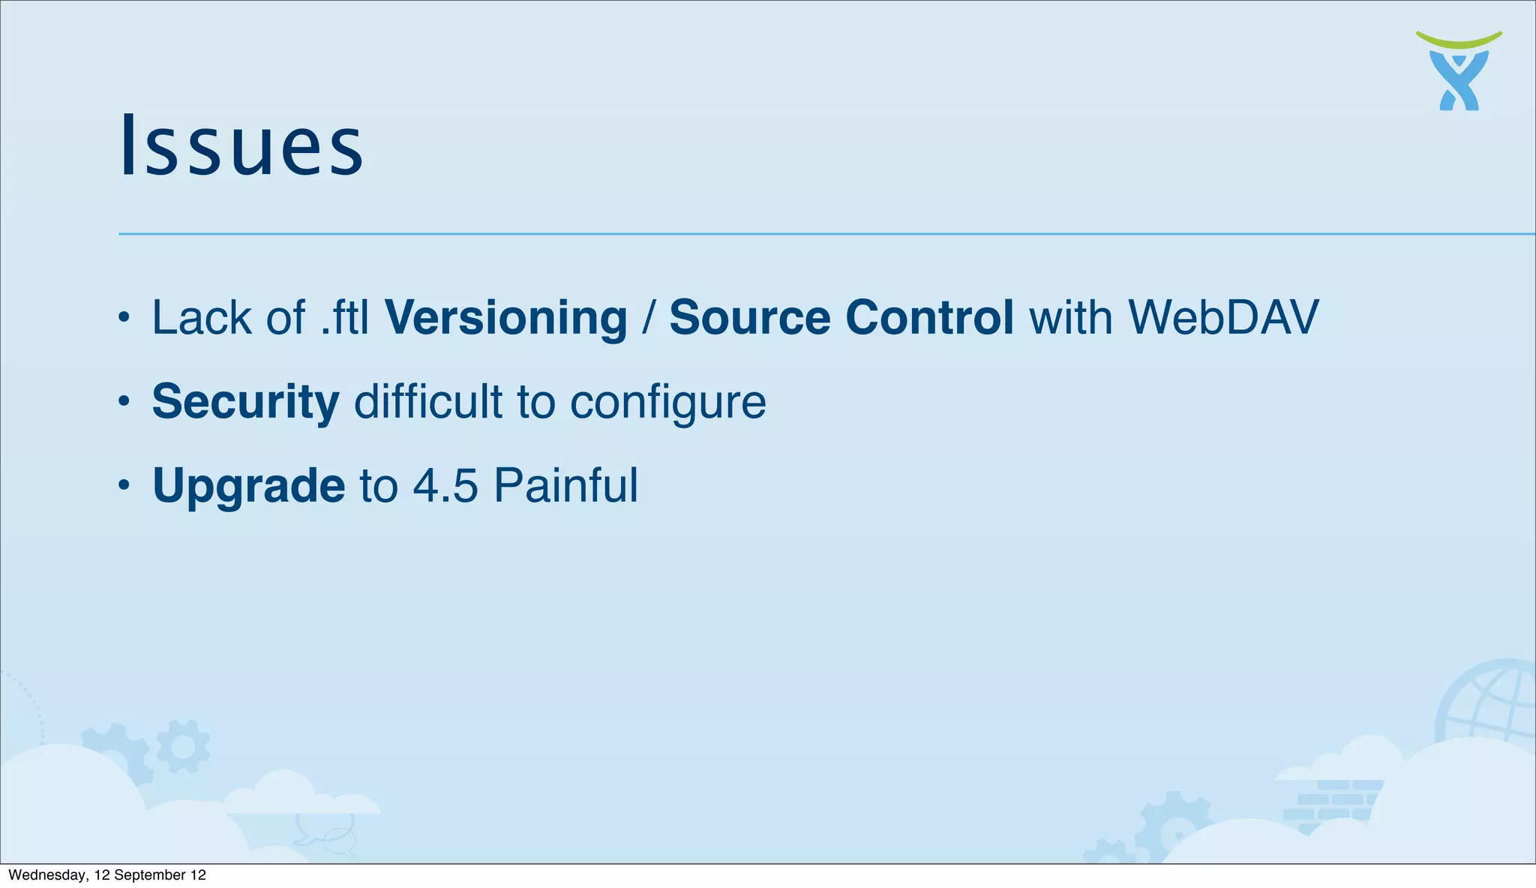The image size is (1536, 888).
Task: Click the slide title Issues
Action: pos(241,145)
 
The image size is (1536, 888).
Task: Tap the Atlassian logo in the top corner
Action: pos(1459,72)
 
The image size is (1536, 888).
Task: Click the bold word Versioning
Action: pos(505,318)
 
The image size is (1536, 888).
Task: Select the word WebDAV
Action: pos(1223,318)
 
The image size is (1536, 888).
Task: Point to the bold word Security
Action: pos(245,403)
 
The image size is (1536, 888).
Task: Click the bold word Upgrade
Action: pos(248,486)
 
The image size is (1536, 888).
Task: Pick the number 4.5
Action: pos(445,486)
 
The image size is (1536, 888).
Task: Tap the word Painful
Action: pos(566,486)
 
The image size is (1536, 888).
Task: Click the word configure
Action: pos(668,403)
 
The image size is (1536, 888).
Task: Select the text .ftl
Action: pos(345,318)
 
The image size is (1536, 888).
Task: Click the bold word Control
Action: pos(930,318)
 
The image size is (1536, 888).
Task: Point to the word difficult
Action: pos(428,403)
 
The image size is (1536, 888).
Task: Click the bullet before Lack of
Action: pos(124,318)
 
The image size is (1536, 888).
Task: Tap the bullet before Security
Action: pos(124,402)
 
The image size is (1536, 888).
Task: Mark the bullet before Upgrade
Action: pos(124,485)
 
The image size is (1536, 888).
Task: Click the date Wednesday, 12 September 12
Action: pos(107,875)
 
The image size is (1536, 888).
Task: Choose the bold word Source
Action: pos(749,318)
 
